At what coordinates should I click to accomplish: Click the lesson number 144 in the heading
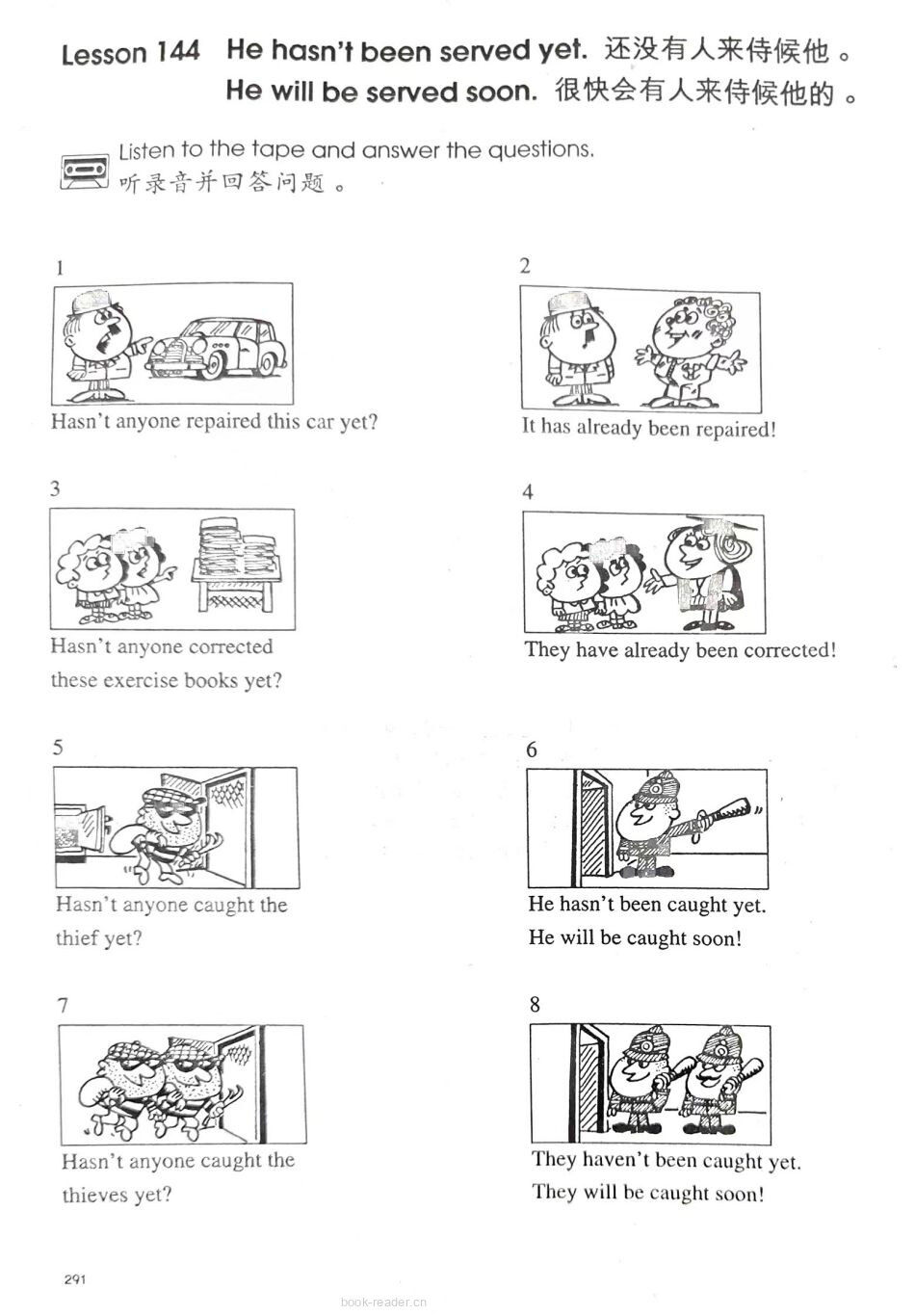pos(177,52)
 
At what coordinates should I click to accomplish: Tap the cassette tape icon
pos(85,171)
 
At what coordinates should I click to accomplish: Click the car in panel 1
pos(217,348)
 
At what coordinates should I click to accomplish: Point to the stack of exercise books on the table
pos(238,547)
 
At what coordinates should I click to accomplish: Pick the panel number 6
pos(531,750)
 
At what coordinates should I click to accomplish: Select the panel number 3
pos(55,488)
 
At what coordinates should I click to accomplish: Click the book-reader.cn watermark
pos(383,1302)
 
